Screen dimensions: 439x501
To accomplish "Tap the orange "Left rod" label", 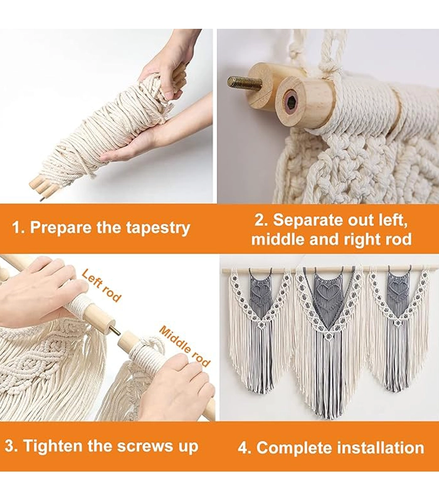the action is pos(102,286).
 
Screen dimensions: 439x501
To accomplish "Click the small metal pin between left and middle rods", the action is pos(117,330).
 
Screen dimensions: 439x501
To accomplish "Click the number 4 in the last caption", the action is pos(242,448).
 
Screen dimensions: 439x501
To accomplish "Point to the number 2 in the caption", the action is pos(259,220).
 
